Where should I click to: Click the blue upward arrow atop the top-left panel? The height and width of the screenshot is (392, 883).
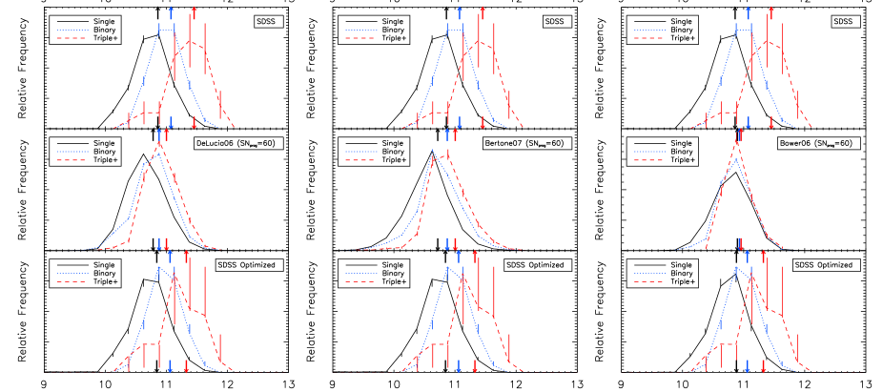171,12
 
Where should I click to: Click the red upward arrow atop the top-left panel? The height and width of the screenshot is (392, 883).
194,12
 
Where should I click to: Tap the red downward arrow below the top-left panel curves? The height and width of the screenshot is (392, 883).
194,122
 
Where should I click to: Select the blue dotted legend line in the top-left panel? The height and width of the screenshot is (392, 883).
72,30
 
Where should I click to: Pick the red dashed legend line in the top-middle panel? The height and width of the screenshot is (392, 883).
360,39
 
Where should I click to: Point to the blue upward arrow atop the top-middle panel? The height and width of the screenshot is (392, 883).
460,12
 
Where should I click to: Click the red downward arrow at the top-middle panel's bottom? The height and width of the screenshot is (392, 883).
483,122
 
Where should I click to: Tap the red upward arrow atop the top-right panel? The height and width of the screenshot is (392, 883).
770,12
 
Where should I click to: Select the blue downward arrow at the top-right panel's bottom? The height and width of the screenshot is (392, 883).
748,122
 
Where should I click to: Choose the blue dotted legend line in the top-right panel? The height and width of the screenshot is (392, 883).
649,30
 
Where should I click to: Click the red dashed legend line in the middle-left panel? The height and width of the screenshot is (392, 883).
72,160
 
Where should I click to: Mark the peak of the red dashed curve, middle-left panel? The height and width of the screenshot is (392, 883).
158,145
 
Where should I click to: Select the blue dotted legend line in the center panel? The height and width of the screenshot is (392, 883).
360,151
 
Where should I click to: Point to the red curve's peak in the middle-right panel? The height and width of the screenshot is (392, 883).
738,143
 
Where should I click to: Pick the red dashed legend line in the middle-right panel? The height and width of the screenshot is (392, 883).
649,160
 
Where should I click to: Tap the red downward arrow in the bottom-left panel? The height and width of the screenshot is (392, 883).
186,366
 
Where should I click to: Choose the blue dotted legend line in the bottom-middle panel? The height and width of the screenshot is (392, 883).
360,273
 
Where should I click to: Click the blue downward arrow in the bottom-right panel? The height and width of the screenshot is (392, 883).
747,366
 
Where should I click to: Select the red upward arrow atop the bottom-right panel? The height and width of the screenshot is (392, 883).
763,257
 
